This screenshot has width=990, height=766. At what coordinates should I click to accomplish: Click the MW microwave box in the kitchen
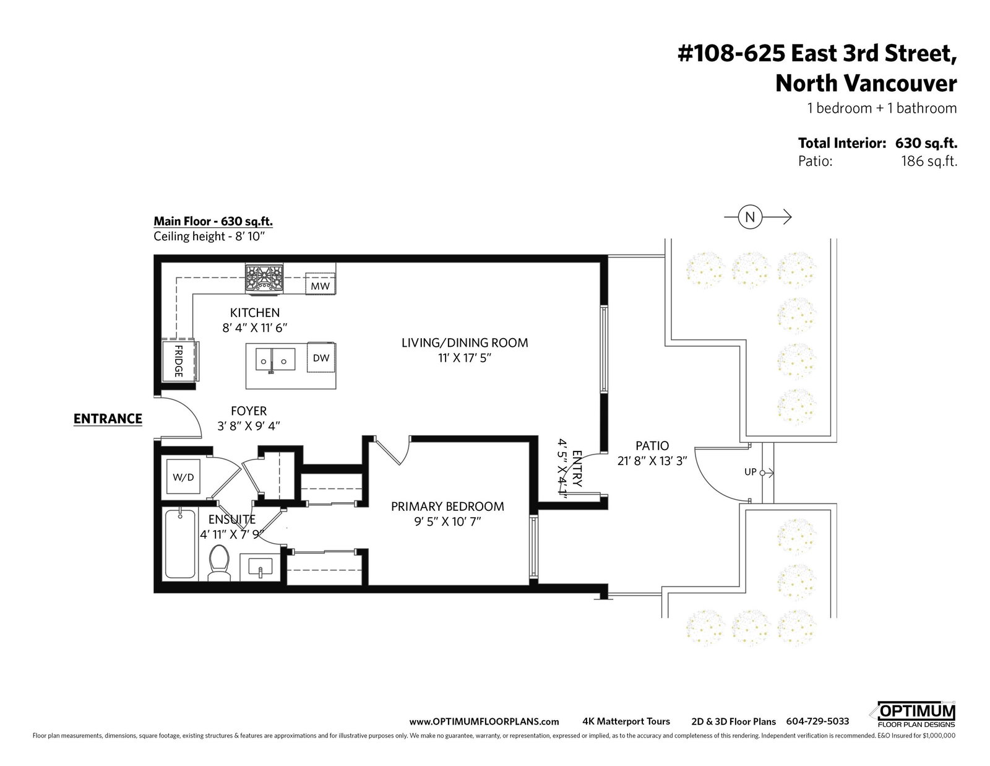tap(320, 283)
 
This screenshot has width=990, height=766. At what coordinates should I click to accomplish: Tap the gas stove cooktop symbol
tap(264, 277)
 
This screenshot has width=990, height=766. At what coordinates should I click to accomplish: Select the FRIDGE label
tap(179, 360)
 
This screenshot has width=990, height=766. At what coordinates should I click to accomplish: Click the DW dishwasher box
tap(321, 357)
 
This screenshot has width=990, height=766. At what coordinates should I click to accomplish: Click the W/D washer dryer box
tap(183, 477)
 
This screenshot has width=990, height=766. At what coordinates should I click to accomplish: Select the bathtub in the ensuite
tap(181, 544)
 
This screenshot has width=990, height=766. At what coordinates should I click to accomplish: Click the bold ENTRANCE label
tap(108, 419)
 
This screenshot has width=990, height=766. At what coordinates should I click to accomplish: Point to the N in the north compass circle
tap(750, 217)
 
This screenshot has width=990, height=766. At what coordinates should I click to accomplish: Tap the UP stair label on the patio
tap(751, 472)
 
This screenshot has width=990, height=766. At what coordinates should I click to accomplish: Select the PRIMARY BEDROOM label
tap(447, 506)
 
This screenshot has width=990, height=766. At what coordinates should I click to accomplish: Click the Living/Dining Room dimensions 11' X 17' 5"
tap(465, 358)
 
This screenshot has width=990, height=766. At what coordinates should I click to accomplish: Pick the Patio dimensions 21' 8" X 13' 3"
tap(652, 461)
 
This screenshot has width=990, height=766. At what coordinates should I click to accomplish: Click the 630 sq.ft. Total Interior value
tap(926, 143)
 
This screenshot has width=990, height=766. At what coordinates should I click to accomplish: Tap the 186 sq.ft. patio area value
tap(929, 162)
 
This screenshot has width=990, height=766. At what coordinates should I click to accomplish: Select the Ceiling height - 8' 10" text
tap(209, 236)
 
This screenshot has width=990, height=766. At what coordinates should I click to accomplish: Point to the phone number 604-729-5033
tap(817, 721)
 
